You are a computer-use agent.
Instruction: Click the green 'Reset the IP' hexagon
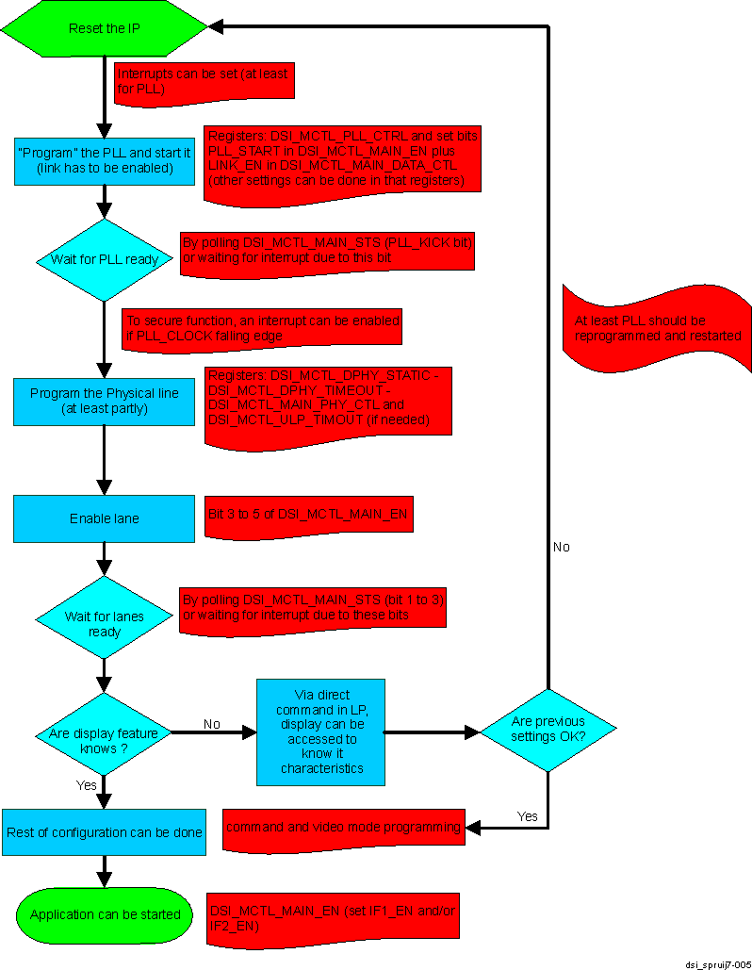(x=104, y=28)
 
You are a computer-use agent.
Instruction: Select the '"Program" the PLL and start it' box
(x=104, y=159)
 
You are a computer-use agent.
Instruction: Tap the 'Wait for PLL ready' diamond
(x=104, y=259)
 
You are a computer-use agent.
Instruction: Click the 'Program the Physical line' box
(x=104, y=401)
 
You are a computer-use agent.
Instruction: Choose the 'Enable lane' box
(x=104, y=518)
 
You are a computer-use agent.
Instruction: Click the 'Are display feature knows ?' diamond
(x=104, y=733)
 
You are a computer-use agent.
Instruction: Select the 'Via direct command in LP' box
(x=321, y=732)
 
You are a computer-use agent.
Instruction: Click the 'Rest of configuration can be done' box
(x=104, y=832)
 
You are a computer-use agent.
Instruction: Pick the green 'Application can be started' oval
(x=104, y=914)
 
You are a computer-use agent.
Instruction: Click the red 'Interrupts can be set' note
(x=205, y=81)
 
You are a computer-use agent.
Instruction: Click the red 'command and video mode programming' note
(x=344, y=828)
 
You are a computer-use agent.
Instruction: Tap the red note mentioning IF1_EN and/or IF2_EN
(x=333, y=914)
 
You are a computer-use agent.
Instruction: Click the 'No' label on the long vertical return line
(x=561, y=547)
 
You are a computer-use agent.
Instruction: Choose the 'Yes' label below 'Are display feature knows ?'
(x=86, y=784)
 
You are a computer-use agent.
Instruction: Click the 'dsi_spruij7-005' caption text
(x=717, y=963)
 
